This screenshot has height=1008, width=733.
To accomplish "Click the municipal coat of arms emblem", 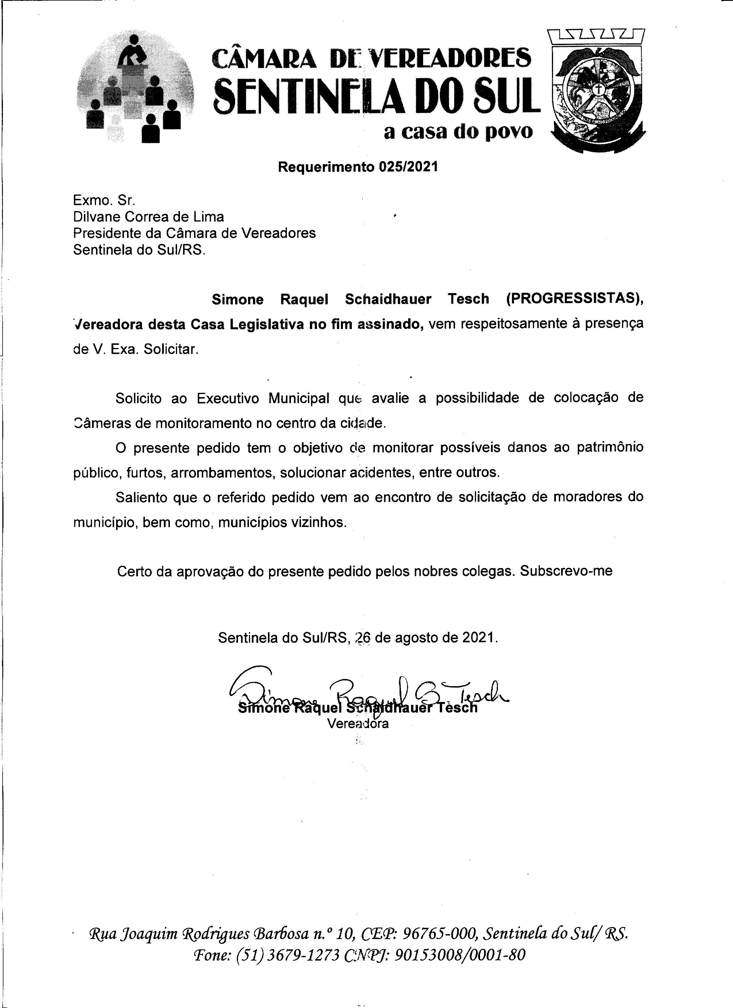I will coord(597,92).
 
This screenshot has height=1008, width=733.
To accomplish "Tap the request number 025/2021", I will coord(408,167).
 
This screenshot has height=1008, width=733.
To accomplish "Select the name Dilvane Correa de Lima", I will coord(148,217).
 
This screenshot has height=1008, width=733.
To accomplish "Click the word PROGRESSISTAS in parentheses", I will coord(572,299).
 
